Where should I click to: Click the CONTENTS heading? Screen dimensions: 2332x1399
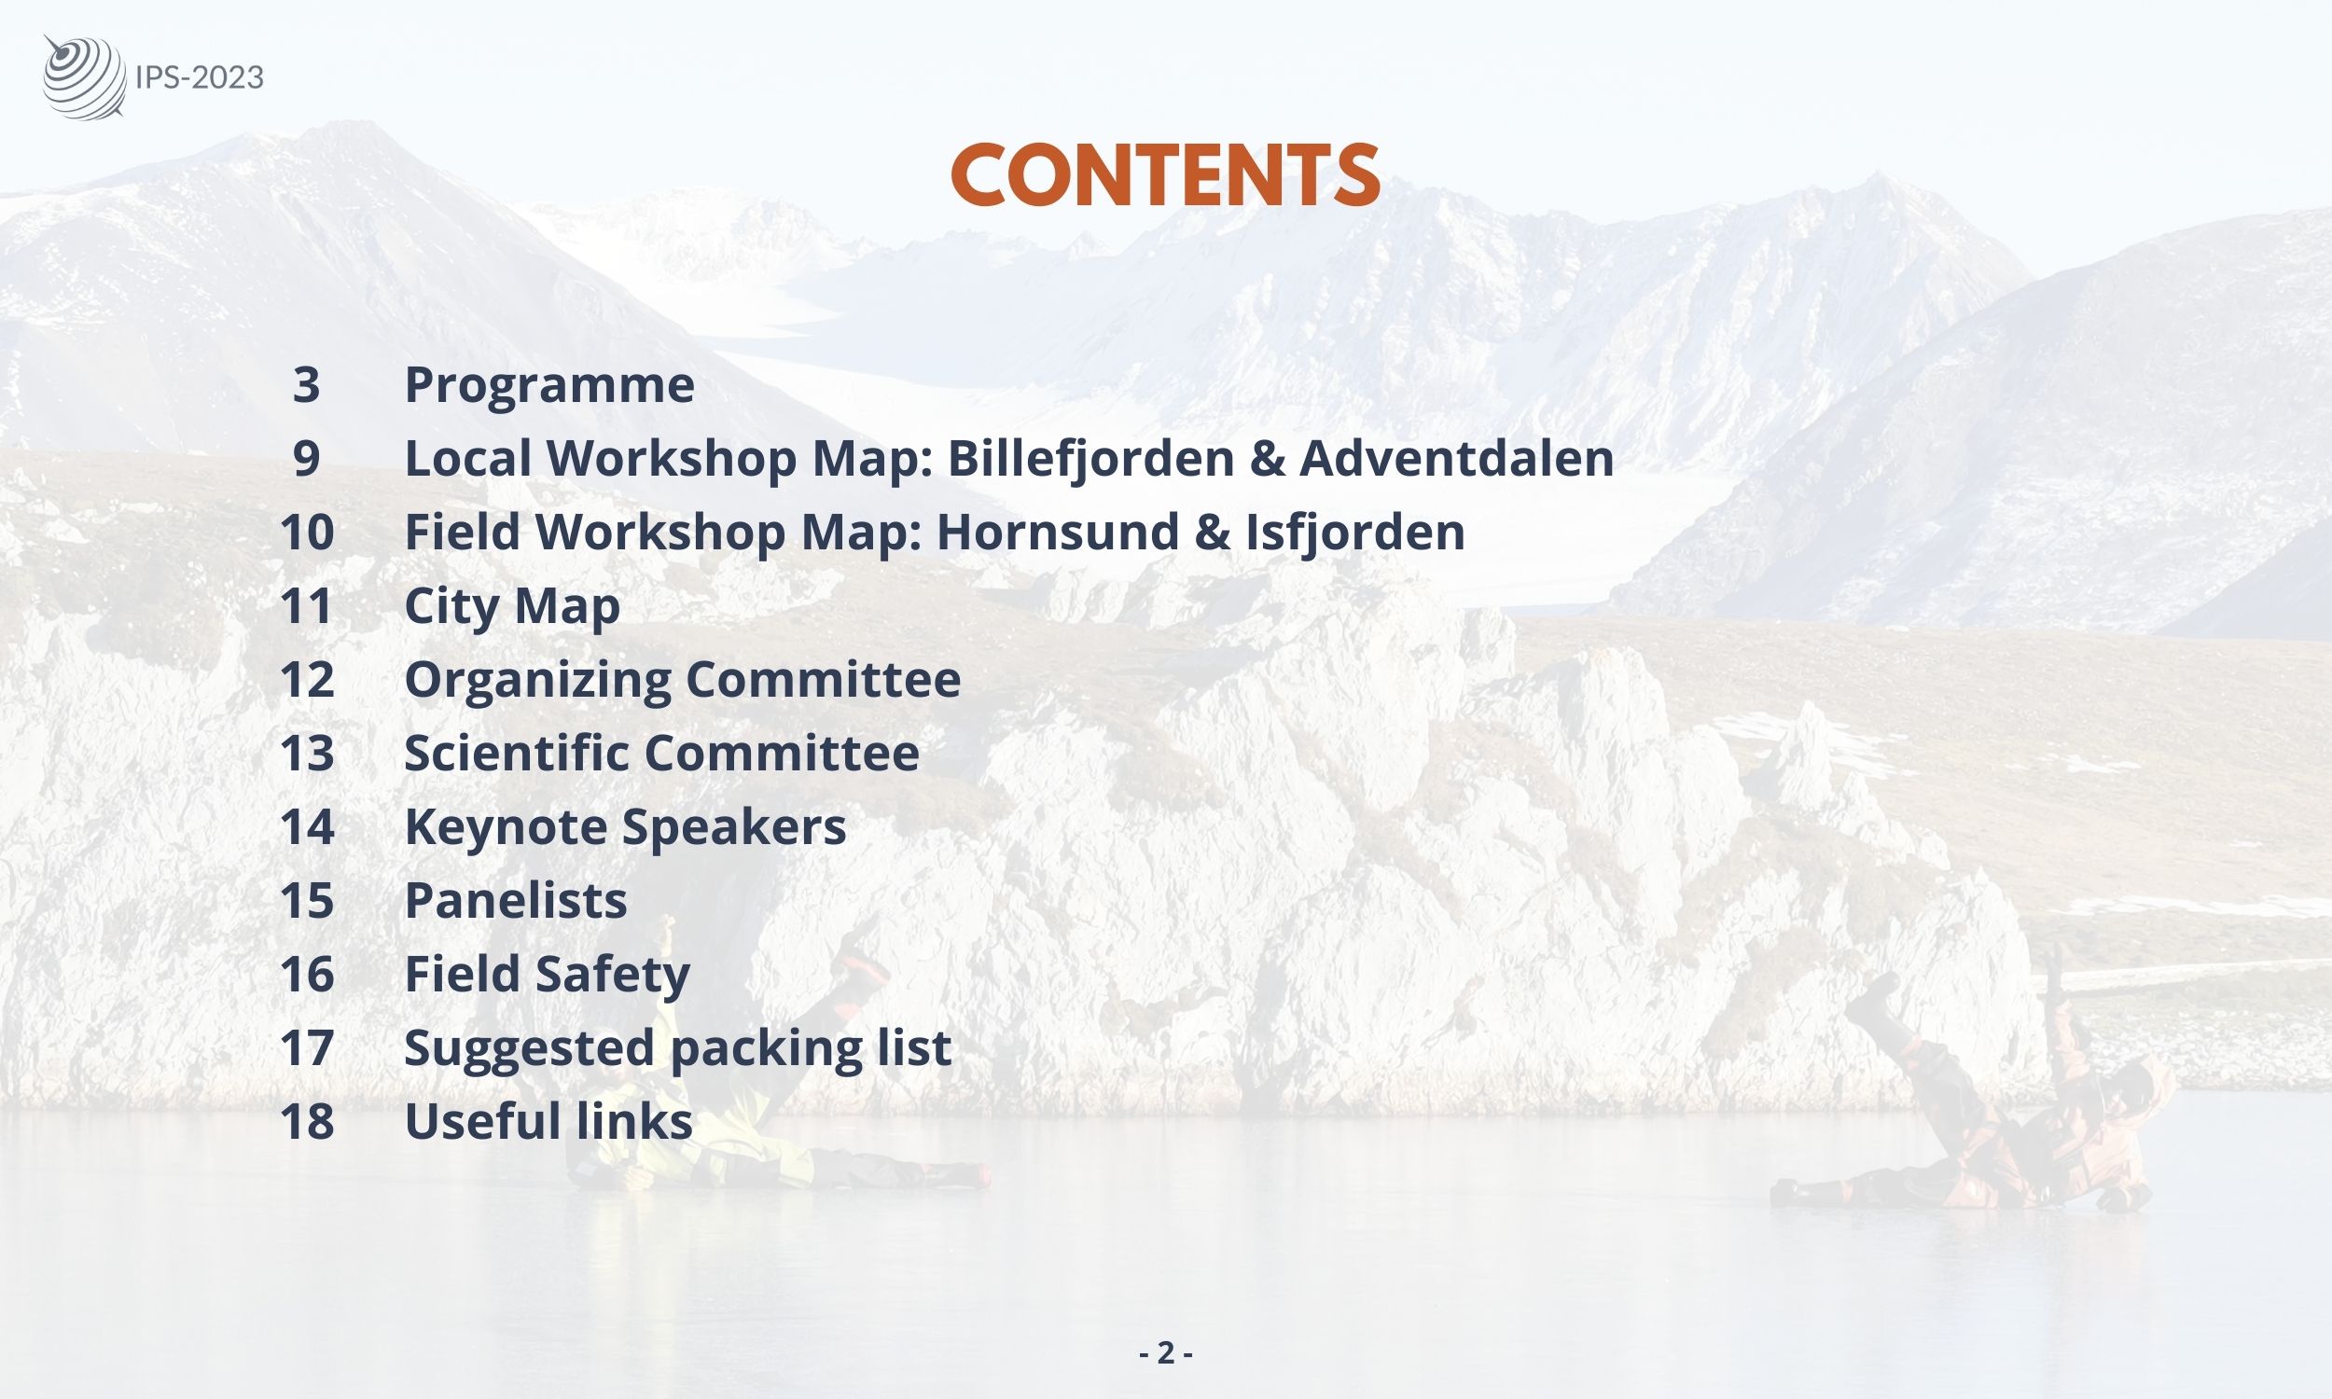coord(1165,175)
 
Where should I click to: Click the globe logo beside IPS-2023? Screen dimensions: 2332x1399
coord(84,77)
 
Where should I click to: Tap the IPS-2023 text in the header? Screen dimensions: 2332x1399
coord(200,77)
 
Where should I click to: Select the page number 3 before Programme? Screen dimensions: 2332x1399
coord(306,384)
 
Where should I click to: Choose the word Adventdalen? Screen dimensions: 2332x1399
coord(1456,458)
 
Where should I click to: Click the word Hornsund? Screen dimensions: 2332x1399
coord(1058,532)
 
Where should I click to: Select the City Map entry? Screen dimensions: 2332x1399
coord(512,606)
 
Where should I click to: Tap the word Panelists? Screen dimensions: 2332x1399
coord(516,900)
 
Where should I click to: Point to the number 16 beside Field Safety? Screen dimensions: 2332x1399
coord(307,974)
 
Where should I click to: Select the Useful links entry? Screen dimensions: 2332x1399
coord(548,1121)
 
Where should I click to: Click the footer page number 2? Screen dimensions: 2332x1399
coord(1166,1352)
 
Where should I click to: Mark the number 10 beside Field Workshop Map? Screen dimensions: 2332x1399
coord(307,532)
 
